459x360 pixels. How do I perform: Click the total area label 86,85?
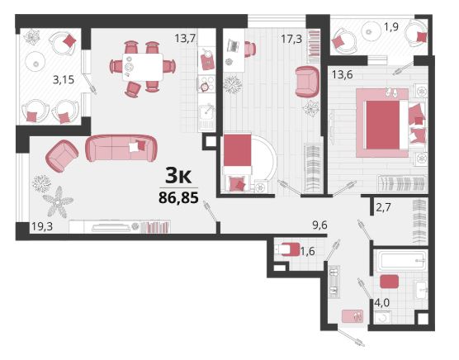pos(178,197)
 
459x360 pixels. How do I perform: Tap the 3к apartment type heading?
pos(178,176)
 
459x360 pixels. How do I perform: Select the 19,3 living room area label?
pos(42,226)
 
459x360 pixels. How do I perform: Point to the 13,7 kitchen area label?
pos(185,38)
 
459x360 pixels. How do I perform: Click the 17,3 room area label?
pos(291,39)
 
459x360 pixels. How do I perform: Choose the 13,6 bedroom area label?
pos(343,74)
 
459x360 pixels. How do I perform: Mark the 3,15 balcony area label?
pos(64,79)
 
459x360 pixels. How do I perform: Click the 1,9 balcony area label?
pos(391,27)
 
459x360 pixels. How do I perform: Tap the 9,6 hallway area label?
pos(320,225)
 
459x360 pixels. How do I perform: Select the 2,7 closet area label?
pos(383,207)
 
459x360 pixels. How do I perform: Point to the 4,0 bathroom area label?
pos(382,303)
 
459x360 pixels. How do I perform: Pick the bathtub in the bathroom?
pos(400,259)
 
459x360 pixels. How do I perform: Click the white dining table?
pos(143,67)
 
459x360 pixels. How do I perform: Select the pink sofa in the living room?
pos(121,148)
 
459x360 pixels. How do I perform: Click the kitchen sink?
pos(207,114)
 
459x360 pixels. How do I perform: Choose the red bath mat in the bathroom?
pos(390,282)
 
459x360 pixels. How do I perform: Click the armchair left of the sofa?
pos(62,156)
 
